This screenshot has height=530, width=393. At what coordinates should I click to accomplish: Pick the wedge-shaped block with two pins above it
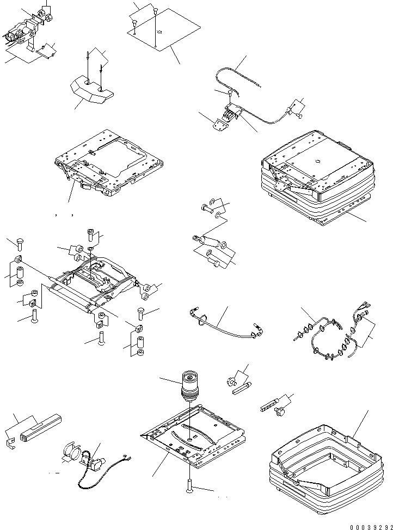click(x=90, y=90)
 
